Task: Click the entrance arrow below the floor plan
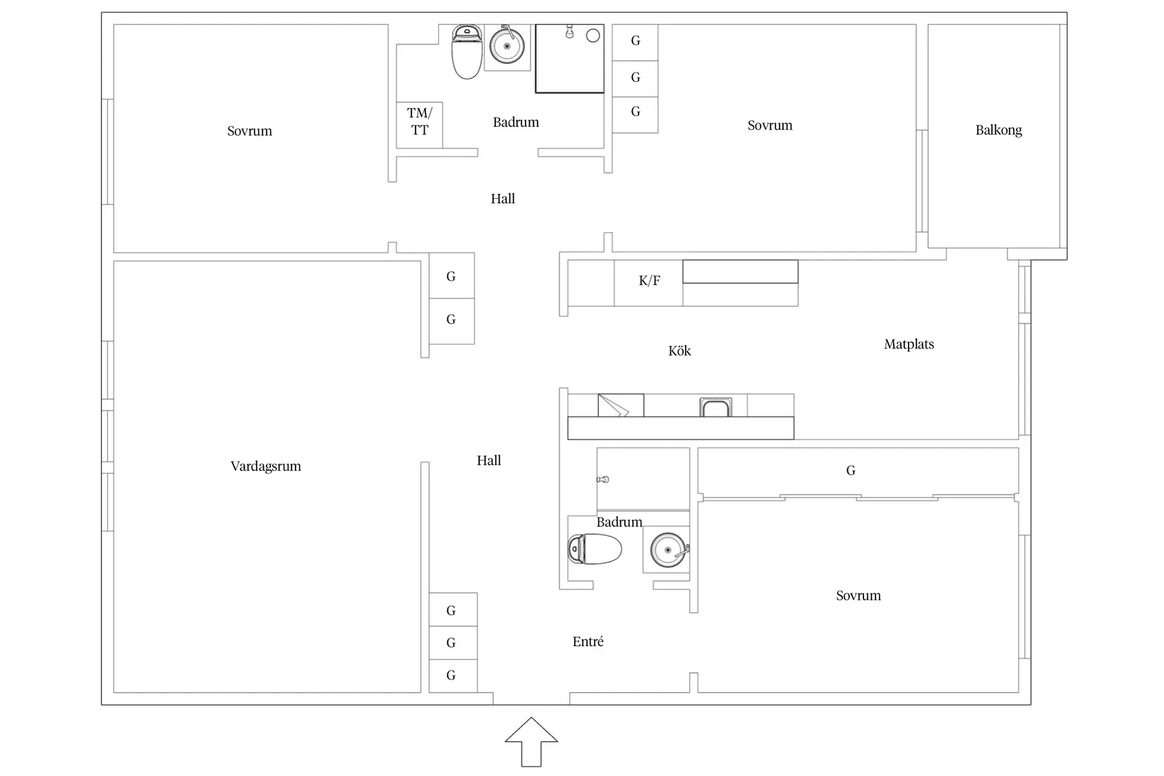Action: coord(531,742)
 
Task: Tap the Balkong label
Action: coord(998,130)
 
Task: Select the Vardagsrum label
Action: coord(265,466)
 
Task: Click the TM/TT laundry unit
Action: coord(419,125)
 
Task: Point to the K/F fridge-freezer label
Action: coord(649,281)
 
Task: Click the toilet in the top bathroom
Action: coord(466,51)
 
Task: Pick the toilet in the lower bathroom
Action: coord(595,549)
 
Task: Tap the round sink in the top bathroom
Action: coord(507,45)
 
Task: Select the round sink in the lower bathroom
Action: coord(669,550)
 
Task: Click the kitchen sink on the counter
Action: coord(715,407)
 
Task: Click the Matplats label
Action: coord(909,344)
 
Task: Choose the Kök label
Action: coord(679,351)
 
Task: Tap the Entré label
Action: coord(588,641)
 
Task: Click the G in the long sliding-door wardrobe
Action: coord(850,471)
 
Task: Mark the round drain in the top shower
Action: coord(593,35)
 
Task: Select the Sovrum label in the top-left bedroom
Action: coord(250,131)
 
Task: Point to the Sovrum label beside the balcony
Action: coord(770,126)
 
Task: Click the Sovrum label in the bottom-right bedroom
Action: coord(858,595)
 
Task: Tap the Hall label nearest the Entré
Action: coord(488,461)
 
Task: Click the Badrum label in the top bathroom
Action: coord(516,122)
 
